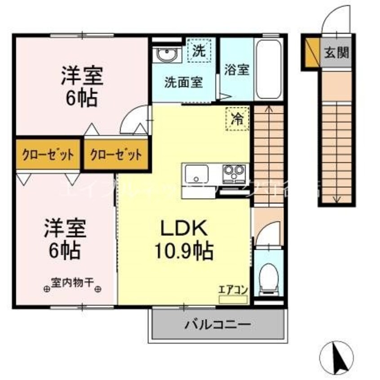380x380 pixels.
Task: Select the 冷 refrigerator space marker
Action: tap(237, 119)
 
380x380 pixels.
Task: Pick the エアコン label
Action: tap(233, 290)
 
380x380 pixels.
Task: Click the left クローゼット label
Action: tap(48, 155)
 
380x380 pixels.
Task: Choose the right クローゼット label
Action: tap(116, 155)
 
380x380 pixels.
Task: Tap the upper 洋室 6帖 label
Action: tap(82, 85)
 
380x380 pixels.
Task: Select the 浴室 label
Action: tap(237, 71)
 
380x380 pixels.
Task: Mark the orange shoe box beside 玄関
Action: tap(311, 53)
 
